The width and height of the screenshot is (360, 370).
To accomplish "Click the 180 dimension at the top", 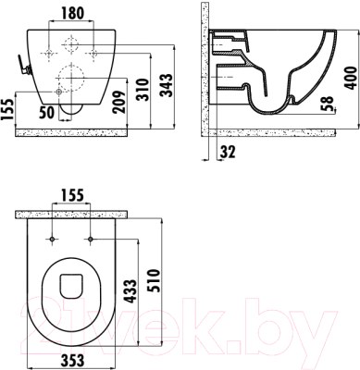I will [71, 13].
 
